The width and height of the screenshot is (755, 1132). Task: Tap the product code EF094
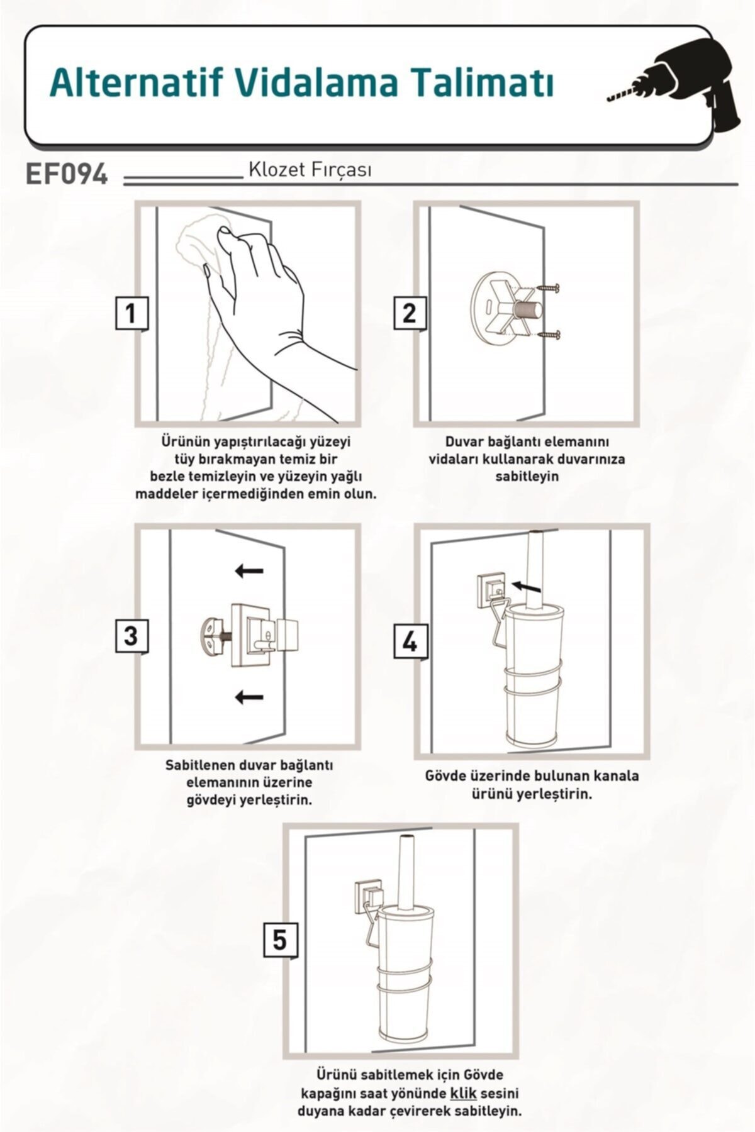(x=67, y=174)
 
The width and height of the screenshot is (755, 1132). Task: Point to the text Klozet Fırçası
(x=310, y=170)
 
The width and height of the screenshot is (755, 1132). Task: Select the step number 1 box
(x=131, y=313)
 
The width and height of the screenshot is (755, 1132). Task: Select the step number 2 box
(x=410, y=313)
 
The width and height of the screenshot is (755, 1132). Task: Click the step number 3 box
(x=131, y=636)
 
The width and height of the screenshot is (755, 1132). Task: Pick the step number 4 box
(x=410, y=641)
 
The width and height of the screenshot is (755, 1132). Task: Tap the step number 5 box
(x=279, y=940)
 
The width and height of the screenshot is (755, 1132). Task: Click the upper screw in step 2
(x=547, y=289)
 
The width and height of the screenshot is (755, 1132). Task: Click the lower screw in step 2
(x=547, y=335)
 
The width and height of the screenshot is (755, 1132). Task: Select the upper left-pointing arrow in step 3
(x=249, y=571)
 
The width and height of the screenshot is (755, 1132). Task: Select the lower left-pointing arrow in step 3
(x=249, y=696)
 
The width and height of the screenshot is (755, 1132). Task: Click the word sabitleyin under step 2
(x=527, y=476)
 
